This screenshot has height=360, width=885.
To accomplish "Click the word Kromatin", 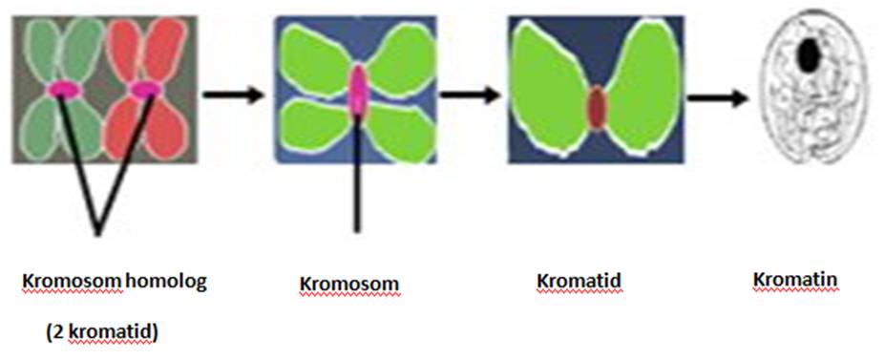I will pyautogui.click(x=795, y=281).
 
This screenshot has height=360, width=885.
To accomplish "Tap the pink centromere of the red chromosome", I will pyautogui.click(x=144, y=90).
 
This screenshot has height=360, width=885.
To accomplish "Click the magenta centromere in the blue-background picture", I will pyautogui.click(x=357, y=91).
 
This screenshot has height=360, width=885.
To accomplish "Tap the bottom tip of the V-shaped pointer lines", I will pyautogui.click(x=98, y=230).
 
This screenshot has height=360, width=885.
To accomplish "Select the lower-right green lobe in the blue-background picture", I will pyautogui.click(x=399, y=129).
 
